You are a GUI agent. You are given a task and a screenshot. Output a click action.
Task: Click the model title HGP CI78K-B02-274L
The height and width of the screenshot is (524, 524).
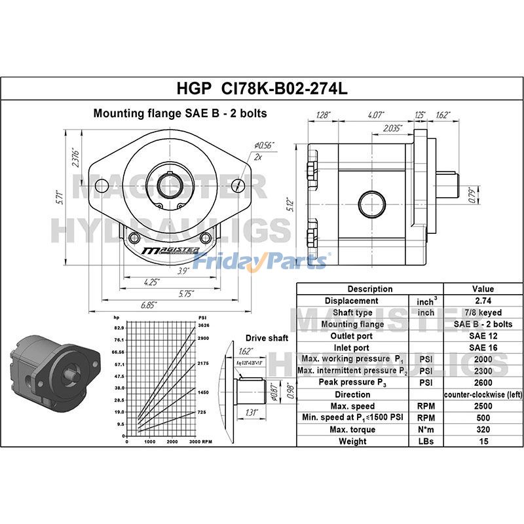[x=262, y=87]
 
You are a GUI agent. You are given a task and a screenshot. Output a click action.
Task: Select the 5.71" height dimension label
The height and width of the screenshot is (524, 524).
[x=59, y=196]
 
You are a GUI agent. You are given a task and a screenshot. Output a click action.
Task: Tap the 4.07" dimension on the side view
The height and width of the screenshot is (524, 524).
[x=357, y=115]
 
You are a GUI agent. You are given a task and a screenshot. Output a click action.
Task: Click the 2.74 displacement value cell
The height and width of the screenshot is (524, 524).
[x=483, y=301]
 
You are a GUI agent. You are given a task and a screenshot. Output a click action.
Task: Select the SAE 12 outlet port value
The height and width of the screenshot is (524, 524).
[x=483, y=336]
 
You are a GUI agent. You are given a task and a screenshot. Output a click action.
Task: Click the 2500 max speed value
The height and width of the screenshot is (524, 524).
[x=483, y=406]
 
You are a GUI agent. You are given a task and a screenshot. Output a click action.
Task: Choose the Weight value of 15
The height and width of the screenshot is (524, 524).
[x=483, y=441]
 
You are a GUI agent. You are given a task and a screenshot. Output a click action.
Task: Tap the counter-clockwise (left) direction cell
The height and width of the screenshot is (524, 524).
[x=483, y=394]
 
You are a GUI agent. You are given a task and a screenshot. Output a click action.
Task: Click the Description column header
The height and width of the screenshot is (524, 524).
[x=370, y=289]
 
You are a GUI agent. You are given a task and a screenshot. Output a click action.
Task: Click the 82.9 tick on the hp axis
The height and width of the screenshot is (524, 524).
[x=119, y=327]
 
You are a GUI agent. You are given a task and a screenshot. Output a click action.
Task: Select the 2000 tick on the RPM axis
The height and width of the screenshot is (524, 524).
[x=172, y=442]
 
